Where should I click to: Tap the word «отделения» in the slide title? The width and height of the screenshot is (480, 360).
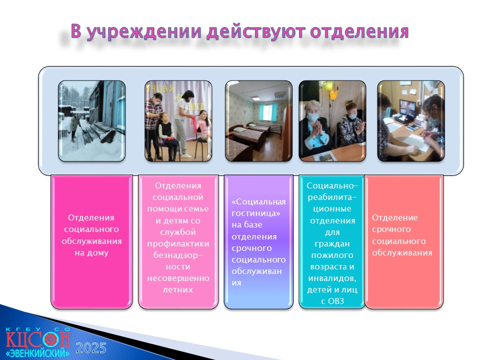359,32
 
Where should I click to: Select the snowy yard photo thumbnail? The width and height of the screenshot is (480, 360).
92,121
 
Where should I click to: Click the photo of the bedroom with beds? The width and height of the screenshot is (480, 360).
258,121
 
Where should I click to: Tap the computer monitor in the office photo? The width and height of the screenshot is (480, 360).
407,108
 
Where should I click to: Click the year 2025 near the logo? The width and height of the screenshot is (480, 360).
91,348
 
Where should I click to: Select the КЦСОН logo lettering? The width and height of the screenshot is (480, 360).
37,339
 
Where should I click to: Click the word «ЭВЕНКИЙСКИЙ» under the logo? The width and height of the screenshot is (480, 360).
37,352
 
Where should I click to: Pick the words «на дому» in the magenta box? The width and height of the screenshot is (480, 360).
91,253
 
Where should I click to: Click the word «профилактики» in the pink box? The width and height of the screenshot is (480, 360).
178,244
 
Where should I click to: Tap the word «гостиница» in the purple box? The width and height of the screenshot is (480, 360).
255,213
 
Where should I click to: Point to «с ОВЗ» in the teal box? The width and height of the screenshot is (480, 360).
332,301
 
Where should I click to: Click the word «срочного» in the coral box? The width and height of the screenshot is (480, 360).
391,229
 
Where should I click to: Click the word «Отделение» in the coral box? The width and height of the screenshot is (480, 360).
395,217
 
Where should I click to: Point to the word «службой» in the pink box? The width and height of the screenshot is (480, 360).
178,232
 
